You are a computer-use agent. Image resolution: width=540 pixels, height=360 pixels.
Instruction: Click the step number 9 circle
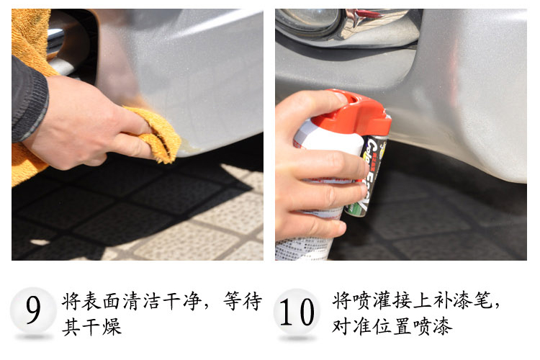pos(33,310)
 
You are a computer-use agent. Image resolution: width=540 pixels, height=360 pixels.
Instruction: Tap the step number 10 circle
pos(297,312)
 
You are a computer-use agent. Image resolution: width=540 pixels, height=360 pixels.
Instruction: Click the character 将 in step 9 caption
pos(71,302)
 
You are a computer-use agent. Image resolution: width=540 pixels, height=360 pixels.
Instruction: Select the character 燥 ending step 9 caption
pos(112,326)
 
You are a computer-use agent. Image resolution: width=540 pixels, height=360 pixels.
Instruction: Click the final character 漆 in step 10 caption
pos(442,326)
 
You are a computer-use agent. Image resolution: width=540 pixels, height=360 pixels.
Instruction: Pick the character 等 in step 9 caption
pos(233,302)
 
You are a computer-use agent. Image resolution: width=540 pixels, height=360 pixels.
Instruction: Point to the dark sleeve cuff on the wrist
pos(30,100)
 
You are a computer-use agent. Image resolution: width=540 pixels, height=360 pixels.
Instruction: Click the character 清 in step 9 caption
pos(132,302)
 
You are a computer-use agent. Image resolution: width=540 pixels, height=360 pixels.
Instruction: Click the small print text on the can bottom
pos(305,248)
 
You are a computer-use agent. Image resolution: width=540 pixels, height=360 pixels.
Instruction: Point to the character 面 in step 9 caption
pos(112,302)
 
